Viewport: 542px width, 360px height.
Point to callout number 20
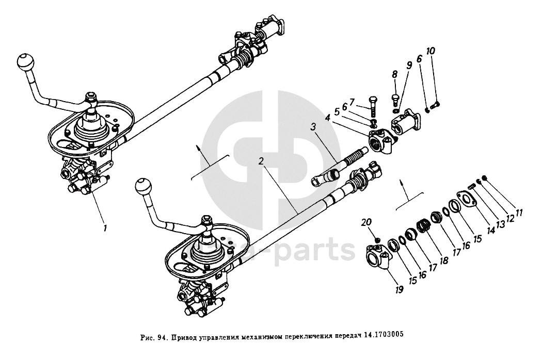point(366,222)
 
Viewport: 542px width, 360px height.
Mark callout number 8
point(394,74)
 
